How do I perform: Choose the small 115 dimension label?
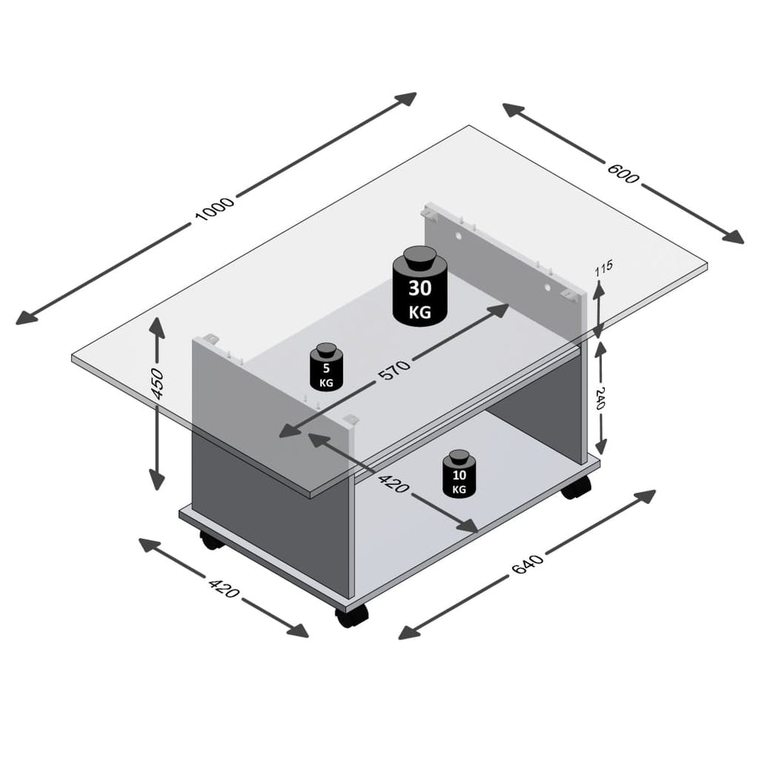pos(604,268)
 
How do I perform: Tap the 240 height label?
pos(600,397)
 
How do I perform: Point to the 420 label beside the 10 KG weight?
pos(392,482)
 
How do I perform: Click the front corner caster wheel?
pos(351,616)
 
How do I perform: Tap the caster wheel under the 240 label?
pos(575,487)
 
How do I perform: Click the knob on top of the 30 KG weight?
pos(417,257)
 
